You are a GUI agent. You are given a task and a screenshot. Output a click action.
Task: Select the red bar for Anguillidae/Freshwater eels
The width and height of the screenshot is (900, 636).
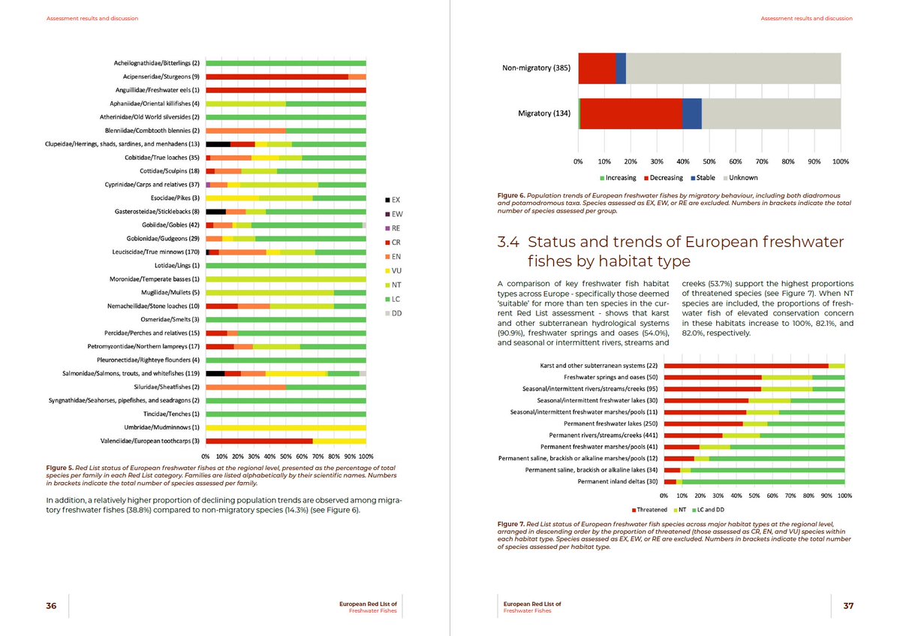(x=285, y=90)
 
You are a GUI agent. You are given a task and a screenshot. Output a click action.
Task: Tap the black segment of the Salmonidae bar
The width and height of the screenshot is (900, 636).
(x=215, y=373)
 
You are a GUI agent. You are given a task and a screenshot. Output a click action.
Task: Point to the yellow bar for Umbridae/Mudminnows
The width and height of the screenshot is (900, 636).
(x=285, y=427)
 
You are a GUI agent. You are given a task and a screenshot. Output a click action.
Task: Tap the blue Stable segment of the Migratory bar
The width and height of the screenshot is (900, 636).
(x=691, y=113)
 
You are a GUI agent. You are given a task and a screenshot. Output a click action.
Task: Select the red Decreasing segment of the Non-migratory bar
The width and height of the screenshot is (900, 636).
(x=597, y=68)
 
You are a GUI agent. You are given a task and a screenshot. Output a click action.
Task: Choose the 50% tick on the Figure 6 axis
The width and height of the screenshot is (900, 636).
(x=709, y=161)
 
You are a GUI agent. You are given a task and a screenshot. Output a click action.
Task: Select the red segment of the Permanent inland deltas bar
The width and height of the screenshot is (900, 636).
(x=670, y=481)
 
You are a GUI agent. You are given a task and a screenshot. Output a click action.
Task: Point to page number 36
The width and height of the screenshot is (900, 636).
(x=51, y=607)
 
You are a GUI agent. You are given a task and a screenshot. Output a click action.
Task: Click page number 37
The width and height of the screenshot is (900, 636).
(x=848, y=607)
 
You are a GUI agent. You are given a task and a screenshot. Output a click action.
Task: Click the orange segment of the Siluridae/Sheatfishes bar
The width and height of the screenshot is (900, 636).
(x=245, y=387)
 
